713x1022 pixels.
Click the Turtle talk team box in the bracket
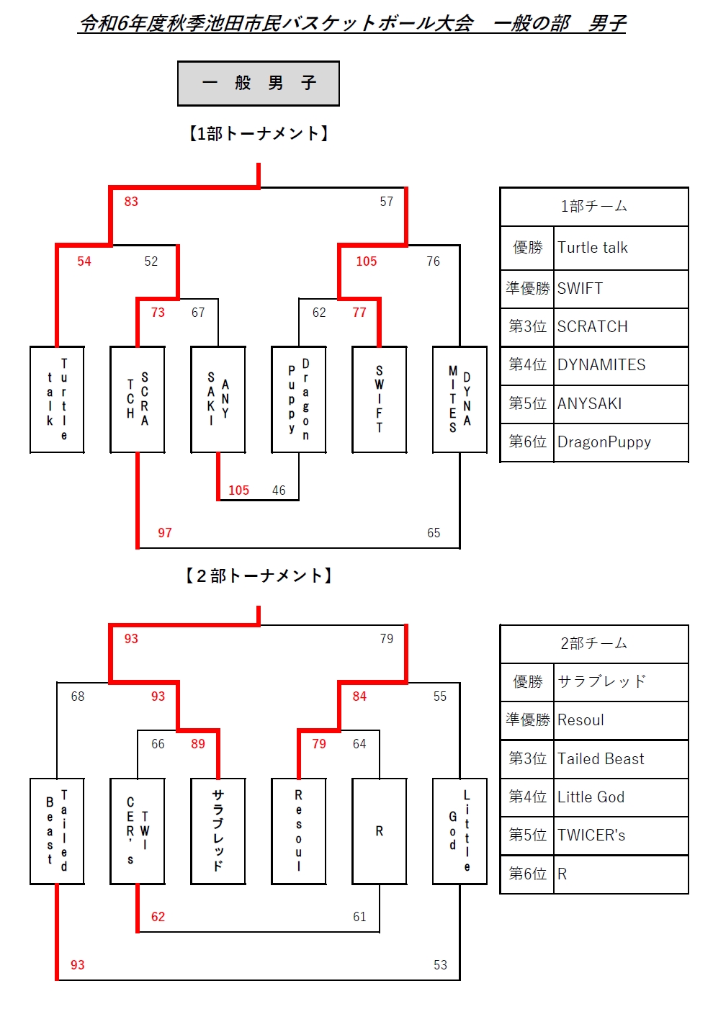[x=57, y=400]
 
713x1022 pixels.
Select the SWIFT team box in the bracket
[x=380, y=400]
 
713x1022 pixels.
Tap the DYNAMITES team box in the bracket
[x=459, y=400]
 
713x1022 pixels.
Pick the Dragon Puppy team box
[x=299, y=400]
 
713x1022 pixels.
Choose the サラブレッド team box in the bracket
[x=218, y=830]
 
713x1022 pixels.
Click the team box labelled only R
[x=380, y=830]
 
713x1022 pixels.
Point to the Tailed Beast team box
[x=57, y=830]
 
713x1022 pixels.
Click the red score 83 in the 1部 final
[x=131, y=202]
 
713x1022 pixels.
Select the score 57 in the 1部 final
[x=387, y=202]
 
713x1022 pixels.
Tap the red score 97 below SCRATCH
[x=165, y=533]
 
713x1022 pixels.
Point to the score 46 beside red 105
[x=279, y=490]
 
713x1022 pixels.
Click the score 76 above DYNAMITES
[x=433, y=261]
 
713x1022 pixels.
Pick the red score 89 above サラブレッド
[x=198, y=744]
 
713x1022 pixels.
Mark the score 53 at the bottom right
[x=440, y=965]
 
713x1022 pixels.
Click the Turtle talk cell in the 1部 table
[x=620, y=248]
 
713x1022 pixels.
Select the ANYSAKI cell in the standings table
[x=620, y=403]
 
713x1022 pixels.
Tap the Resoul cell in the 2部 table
[x=620, y=720]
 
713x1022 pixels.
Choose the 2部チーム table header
[x=594, y=643]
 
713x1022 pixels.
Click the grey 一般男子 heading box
[x=259, y=84]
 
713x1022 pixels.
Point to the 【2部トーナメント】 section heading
[x=259, y=575]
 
